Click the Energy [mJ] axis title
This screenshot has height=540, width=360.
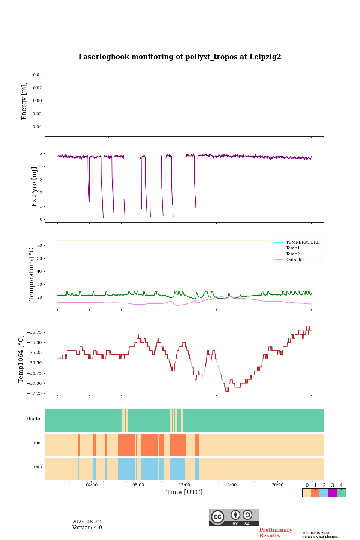pyautogui.click(x=24, y=101)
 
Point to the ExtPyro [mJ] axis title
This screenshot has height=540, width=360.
pyautogui.click(x=34, y=187)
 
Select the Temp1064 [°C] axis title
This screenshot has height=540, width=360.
pyautogui.click(x=21, y=359)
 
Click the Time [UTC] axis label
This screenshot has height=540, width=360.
pyautogui.click(x=184, y=492)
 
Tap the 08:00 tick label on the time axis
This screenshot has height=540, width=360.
pyautogui.click(x=138, y=485)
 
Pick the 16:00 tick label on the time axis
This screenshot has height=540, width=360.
pyautogui.click(x=231, y=485)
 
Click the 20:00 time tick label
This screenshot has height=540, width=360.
pyautogui.click(x=277, y=485)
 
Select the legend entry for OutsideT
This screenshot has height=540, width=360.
pyautogui.click(x=295, y=259)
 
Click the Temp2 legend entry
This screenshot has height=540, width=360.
pyautogui.click(x=293, y=254)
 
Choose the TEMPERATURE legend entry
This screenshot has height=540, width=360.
pyautogui.click(x=303, y=242)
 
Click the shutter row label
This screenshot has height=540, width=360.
pyautogui.click(x=34, y=418)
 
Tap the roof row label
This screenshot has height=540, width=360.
pyautogui.click(x=38, y=442)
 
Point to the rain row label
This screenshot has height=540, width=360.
pyautogui.click(x=38, y=466)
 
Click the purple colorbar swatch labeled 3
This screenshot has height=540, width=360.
pyautogui.click(x=332, y=493)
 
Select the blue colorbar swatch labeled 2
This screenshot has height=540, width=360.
pyautogui.click(x=324, y=493)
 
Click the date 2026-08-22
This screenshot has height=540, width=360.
pyautogui.click(x=87, y=522)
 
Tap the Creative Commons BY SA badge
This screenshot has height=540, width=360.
pyautogui.click(x=234, y=517)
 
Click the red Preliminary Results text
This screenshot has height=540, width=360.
pyautogui.click(x=276, y=533)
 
